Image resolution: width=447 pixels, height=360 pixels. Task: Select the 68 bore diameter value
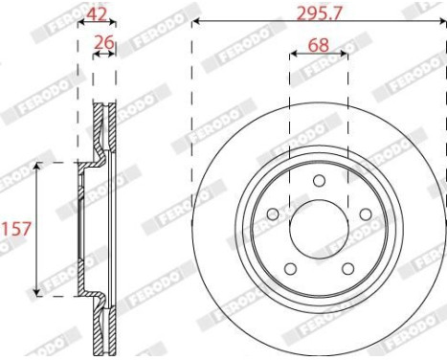pyautogui.click(x=321, y=43)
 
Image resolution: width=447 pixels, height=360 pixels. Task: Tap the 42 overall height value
pyautogui.click(x=96, y=13)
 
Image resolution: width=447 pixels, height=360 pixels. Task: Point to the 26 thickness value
pyautogui.click(x=104, y=43)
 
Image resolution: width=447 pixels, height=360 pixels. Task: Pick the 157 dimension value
pyautogui.click(x=14, y=229)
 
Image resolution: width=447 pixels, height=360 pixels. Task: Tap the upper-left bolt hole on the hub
pyautogui.click(x=272, y=214)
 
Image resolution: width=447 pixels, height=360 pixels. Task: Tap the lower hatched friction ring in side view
pyautogui.click(x=103, y=326)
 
